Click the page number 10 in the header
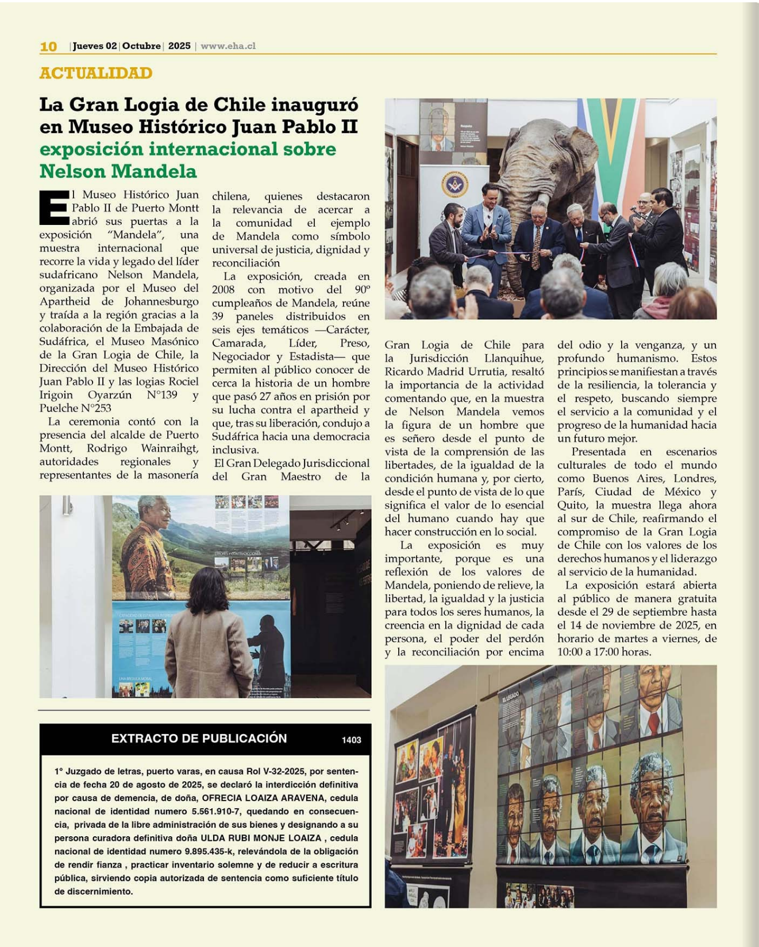coord(48,46)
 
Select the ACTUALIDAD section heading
coord(96,73)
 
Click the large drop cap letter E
coord(53,207)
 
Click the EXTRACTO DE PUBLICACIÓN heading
coord(199,739)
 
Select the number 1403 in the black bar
coord(351,740)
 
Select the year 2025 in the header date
coord(179,46)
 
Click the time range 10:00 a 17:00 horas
coord(604,652)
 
